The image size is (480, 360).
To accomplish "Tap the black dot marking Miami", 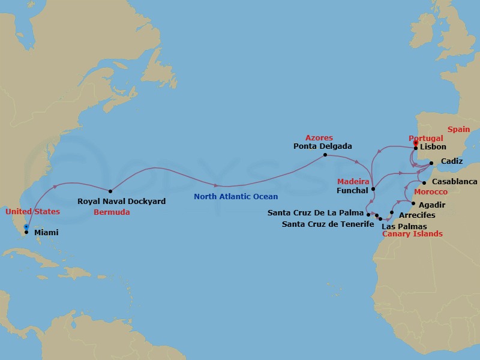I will [x=26, y=232].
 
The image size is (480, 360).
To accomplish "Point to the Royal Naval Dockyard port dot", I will [x=110, y=191].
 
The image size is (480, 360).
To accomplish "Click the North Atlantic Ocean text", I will [x=236, y=196].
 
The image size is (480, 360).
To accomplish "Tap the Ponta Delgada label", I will [x=323, y=146].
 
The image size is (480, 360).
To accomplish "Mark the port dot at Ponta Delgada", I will [x=325, y=155].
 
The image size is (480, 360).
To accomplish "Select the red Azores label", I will [x=319, y=137].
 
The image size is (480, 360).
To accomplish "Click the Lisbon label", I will [x=433, y=147].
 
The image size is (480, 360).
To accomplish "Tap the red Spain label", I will [x=459, y=129].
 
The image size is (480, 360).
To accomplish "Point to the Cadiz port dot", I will [x=431, y=162].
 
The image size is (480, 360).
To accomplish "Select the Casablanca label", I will [x=454, y=182].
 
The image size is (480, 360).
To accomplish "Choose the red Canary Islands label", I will [x=412, y=233].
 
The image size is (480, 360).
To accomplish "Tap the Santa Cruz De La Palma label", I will [x=316, y=213].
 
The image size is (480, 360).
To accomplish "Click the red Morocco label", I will [x=431, y=191].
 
